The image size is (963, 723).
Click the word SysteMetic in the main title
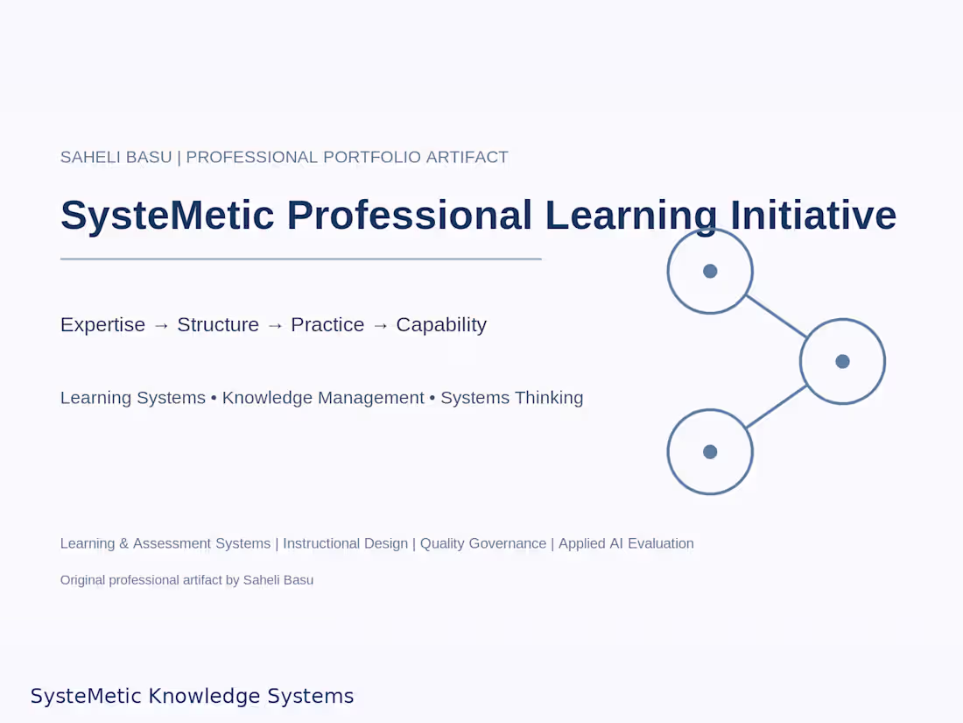[x=167, y=216]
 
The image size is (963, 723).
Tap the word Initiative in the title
[x=813, y=216]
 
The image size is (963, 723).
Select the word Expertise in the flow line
[x=102, y=324]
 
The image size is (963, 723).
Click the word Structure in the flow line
[x=218, y=324]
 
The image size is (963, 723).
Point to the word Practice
[x=327, y=324]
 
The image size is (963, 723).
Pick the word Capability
[x=441, y=324]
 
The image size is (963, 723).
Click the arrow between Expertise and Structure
[x=162, y=326]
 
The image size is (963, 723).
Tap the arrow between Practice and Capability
[x=380, y=326]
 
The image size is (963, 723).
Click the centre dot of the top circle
[x=710, y=271]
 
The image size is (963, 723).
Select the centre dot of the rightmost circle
[x=842, y=361]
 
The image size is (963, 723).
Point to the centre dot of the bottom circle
[x=710, y=452]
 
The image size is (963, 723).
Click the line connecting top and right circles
[x=777, y=316]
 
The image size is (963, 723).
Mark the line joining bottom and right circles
[x=777, y=407]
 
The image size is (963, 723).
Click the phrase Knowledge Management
[x=323, y=398]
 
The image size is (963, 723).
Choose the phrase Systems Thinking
[x=512, y=398]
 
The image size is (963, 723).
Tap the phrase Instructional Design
[x=345, y=543]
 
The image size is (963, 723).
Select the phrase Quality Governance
[x=483, y=543]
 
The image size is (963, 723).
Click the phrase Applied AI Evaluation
[x=627, y=543]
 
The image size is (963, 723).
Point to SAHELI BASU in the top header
[x=116, y=158]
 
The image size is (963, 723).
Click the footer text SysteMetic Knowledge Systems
[x=193, y=696]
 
